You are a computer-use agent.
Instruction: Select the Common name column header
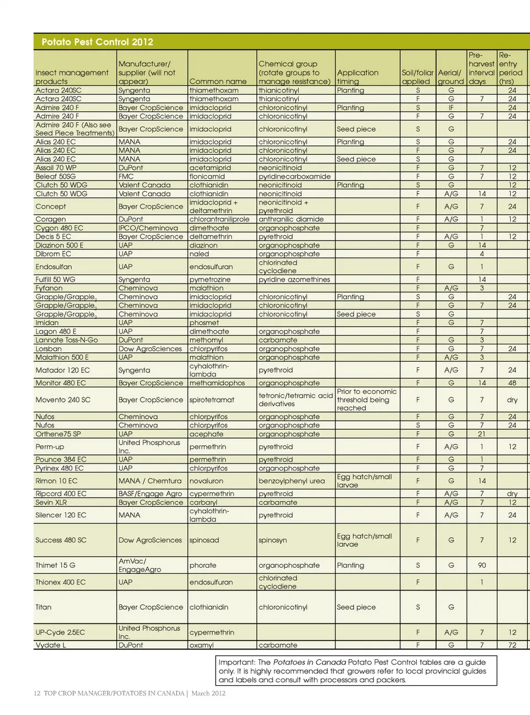click(x=218, y=82)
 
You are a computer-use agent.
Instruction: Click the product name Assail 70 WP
click(x=56, y=168)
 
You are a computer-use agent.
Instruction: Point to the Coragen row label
click(x=50, y=219)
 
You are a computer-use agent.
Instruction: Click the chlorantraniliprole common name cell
click(x=219, y=219)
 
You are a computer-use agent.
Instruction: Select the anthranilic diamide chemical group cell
click(x=291, y=219)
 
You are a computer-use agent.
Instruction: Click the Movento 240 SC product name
click(x=62, y=400)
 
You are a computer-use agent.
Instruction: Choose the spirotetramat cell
click(x=211, y=400)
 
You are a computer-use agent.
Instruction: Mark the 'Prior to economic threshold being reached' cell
click(x=367, y=400)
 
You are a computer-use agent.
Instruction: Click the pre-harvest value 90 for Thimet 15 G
click(x=481, y=565)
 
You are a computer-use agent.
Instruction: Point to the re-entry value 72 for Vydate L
click(x=512, y=645)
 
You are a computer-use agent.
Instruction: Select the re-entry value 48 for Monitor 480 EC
click(x=512, y=383)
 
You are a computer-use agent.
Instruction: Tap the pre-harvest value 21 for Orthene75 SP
click(x=481, y=434)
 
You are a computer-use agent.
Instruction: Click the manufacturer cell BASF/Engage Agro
click(x=150, y=494)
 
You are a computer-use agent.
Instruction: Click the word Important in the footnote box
click(x=236, y=662)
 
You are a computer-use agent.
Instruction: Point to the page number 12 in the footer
click(x=37, y=693)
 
